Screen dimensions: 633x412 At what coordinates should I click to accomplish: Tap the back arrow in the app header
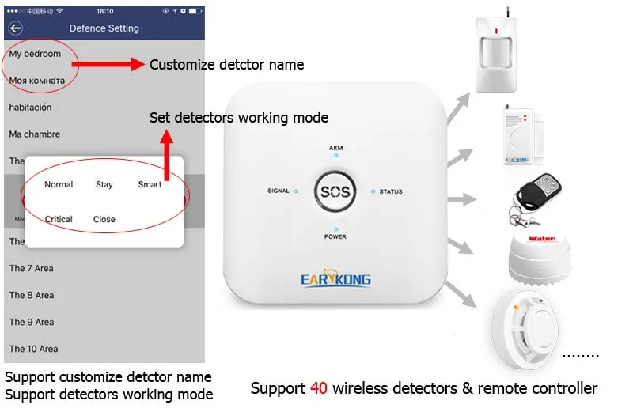tap(15, 28)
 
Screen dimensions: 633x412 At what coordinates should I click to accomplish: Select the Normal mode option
tap(59, 184)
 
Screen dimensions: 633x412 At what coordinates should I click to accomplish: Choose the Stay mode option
tap(104, 184)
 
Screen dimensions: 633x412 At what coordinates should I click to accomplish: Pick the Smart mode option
tap(150, 184)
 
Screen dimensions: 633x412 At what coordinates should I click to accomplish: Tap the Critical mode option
tap(59, 219)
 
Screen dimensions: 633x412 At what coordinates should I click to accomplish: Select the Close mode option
tap(104, 219)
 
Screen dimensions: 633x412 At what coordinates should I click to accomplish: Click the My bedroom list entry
tap(35, 54)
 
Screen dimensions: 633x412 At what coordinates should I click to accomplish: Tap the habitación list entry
tap(30, 108)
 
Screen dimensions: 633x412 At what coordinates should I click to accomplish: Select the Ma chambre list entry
tap(35, 134)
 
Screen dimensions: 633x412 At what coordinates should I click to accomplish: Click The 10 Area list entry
tap(33, 349)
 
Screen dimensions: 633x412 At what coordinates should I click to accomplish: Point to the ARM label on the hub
tap(336, 148)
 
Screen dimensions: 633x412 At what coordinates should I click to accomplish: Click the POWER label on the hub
tap(335, 237)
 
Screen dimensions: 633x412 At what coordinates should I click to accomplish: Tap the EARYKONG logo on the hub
tap(335, 278)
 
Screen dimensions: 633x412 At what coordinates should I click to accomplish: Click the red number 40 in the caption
tap(317, 388)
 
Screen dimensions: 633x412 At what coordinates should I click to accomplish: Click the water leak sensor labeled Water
tap(541, 255)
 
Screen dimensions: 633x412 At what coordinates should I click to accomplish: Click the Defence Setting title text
tap(104, 28)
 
